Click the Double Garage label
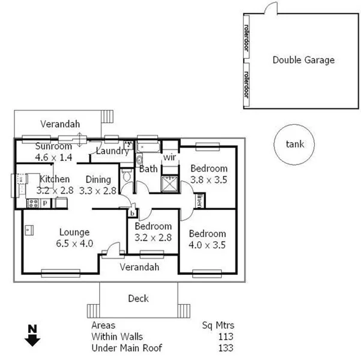point(303,60)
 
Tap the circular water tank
point(294,144)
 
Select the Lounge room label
point(74,232)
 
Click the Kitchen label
point(55,179)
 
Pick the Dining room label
point(98,179)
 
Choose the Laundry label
point(112,151)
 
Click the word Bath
point(148,169)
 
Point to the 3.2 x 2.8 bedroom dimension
point(153,237)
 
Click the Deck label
point(138,298)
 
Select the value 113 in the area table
point(226,337)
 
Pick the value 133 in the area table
point(226,348)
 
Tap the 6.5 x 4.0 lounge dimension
point(74,243)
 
